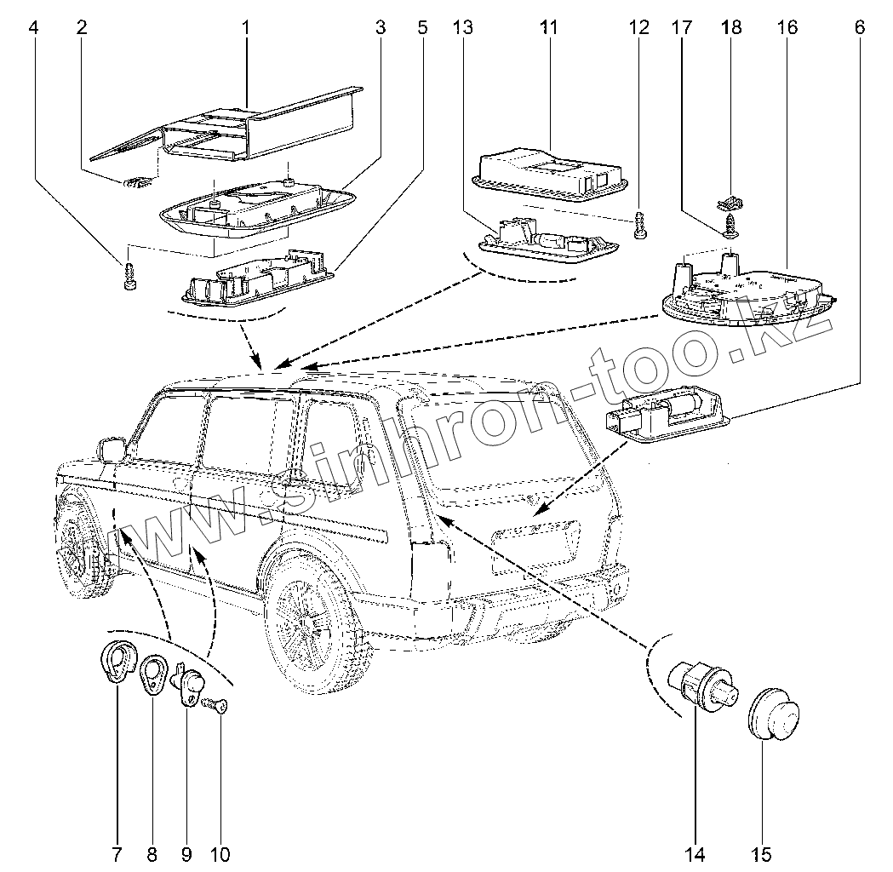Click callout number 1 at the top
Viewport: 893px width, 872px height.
[x=245, y=27]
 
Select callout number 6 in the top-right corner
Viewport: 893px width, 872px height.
[x=860, y=27]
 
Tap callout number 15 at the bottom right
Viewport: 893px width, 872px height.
[x=761, y=853]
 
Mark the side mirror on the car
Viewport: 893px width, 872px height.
[x=111, y=449]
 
